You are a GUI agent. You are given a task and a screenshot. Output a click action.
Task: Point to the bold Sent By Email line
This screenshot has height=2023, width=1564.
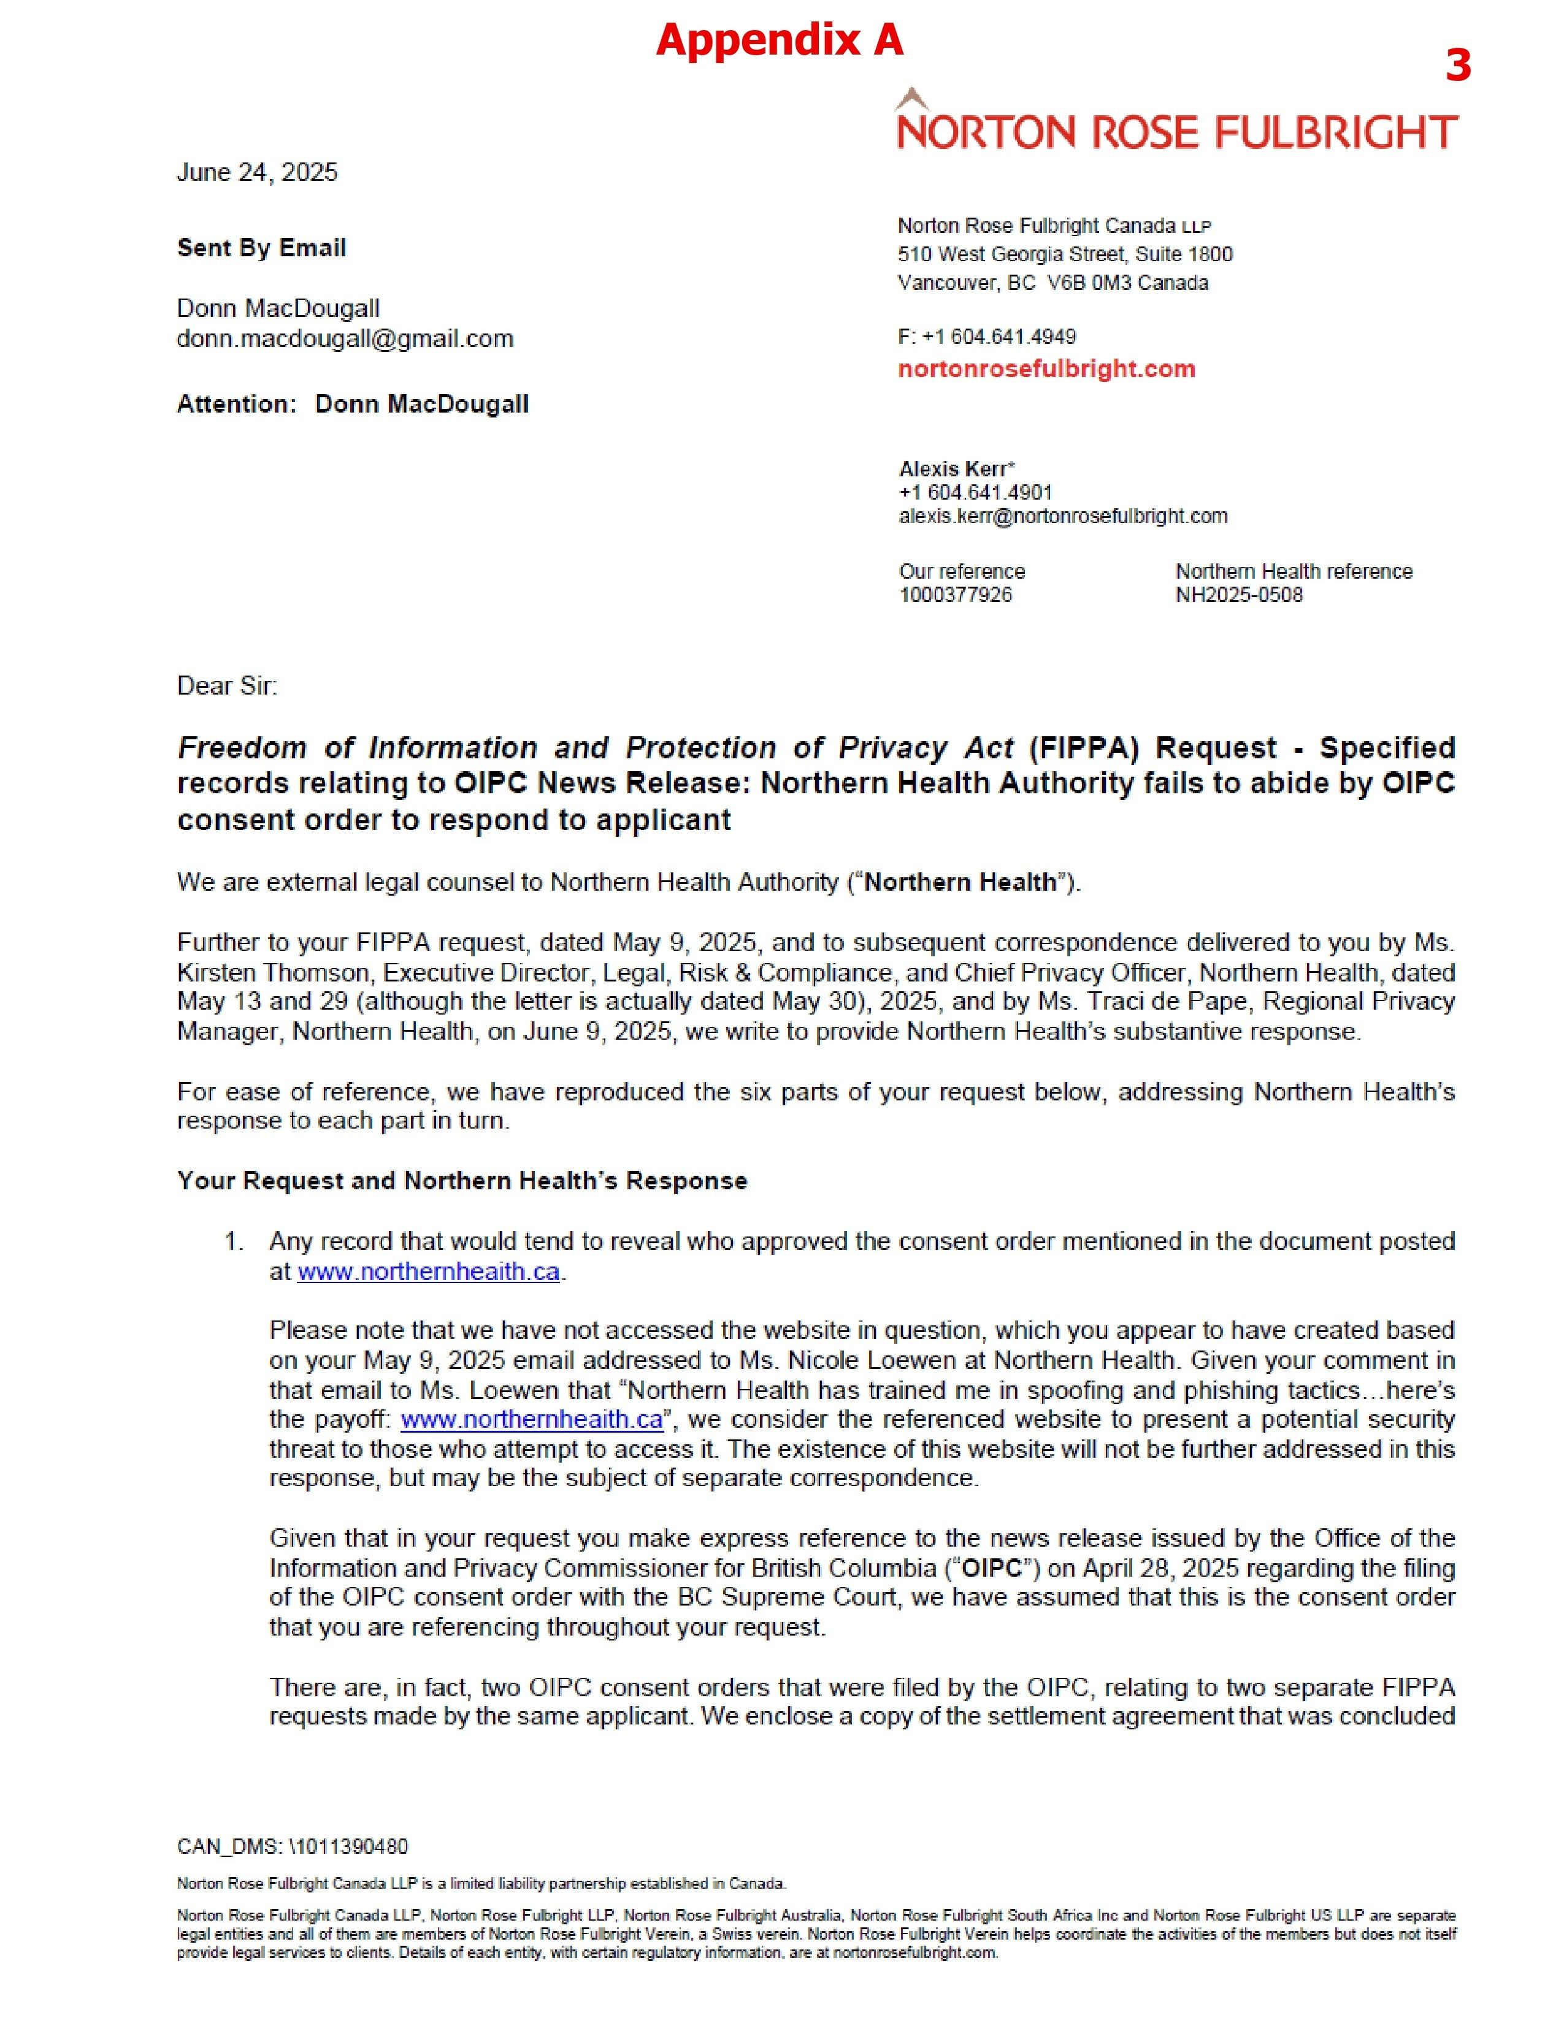click(x=261, y=248)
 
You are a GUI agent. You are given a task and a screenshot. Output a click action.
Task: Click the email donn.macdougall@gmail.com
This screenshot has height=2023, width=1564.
click(x=345, y=339)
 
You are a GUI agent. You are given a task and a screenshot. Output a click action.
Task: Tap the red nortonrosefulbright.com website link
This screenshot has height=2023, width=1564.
click(x=1046, y=368)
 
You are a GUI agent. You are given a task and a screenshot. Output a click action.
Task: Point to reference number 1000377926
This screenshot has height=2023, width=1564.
click(x=955, y=595)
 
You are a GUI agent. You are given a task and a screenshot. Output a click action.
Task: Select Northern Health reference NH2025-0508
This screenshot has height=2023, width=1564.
click(x=1239, y=595)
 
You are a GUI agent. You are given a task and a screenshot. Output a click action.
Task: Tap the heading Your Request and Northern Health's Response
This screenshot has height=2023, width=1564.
click(x=461, y=1181)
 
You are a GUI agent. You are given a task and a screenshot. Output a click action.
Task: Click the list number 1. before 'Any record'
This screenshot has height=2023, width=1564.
click(x=234, y=1241)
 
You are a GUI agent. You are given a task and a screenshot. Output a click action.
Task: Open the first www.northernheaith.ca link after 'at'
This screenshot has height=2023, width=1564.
click(x=428, y=1272)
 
